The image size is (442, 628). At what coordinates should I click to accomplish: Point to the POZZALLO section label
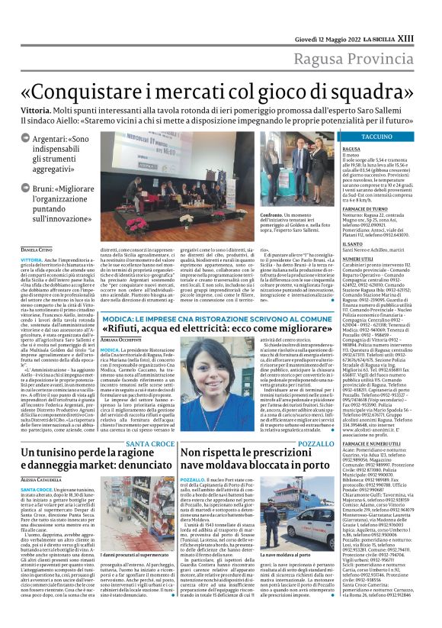[x=315, y=421]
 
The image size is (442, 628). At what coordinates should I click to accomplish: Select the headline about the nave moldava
[x=247, y=443]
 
